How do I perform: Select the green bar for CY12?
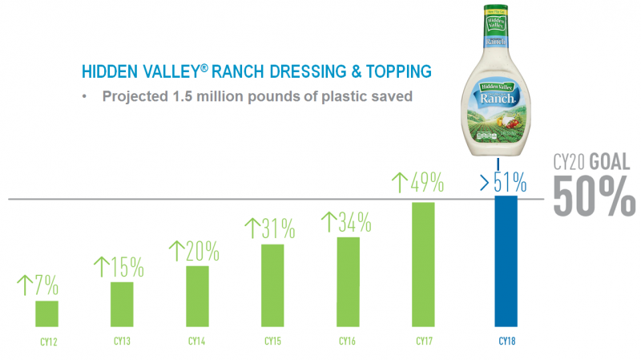click(x=46, y=313)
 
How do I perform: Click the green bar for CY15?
click(x=272, y=285)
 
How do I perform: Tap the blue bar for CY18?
click(x=506, y=261)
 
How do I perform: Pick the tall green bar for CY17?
click(x=423, y=265)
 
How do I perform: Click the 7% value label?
click(x=46, y=285)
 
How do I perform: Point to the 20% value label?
click(x=203, y=251)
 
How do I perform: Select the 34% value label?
click(x=355, y=222)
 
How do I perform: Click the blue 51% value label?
click(x=510, y=182)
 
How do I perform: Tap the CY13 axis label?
click(x=122, y=341)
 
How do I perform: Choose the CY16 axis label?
click(x=347, y=341)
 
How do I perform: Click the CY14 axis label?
click(x=196, y=341)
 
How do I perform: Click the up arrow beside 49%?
click(x=400, y=183)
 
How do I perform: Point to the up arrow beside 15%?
click(x=102, y=267)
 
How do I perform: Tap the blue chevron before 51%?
click(x=485, y=183)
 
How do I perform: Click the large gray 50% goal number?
click(x=594, y=196)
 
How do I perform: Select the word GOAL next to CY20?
click(x=610, y=162)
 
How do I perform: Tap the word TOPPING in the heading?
click(x=398, y=71)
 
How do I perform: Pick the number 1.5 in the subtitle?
click(x=183, y=96)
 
